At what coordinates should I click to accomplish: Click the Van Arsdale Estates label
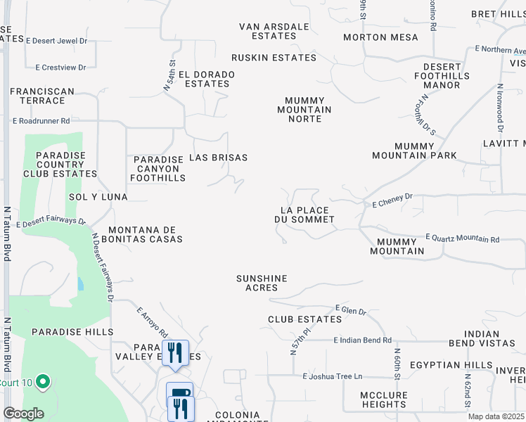point(274,31)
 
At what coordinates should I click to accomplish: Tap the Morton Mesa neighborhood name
point(380,37)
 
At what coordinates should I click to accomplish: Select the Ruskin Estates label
point(274,58)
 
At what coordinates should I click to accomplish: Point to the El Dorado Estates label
point(207,79)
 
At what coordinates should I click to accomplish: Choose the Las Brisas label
point(218,158)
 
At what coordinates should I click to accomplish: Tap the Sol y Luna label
point(98,197)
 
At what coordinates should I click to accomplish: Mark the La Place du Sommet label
point(304,215)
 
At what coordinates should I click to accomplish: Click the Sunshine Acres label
point(262,283)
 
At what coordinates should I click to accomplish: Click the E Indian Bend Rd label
point(363,340)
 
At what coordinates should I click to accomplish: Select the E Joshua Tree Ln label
point(333,376)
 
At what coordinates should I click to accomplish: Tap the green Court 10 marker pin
point(43,383)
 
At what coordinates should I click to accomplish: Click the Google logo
point(23,414)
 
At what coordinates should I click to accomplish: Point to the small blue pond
point(81,284)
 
